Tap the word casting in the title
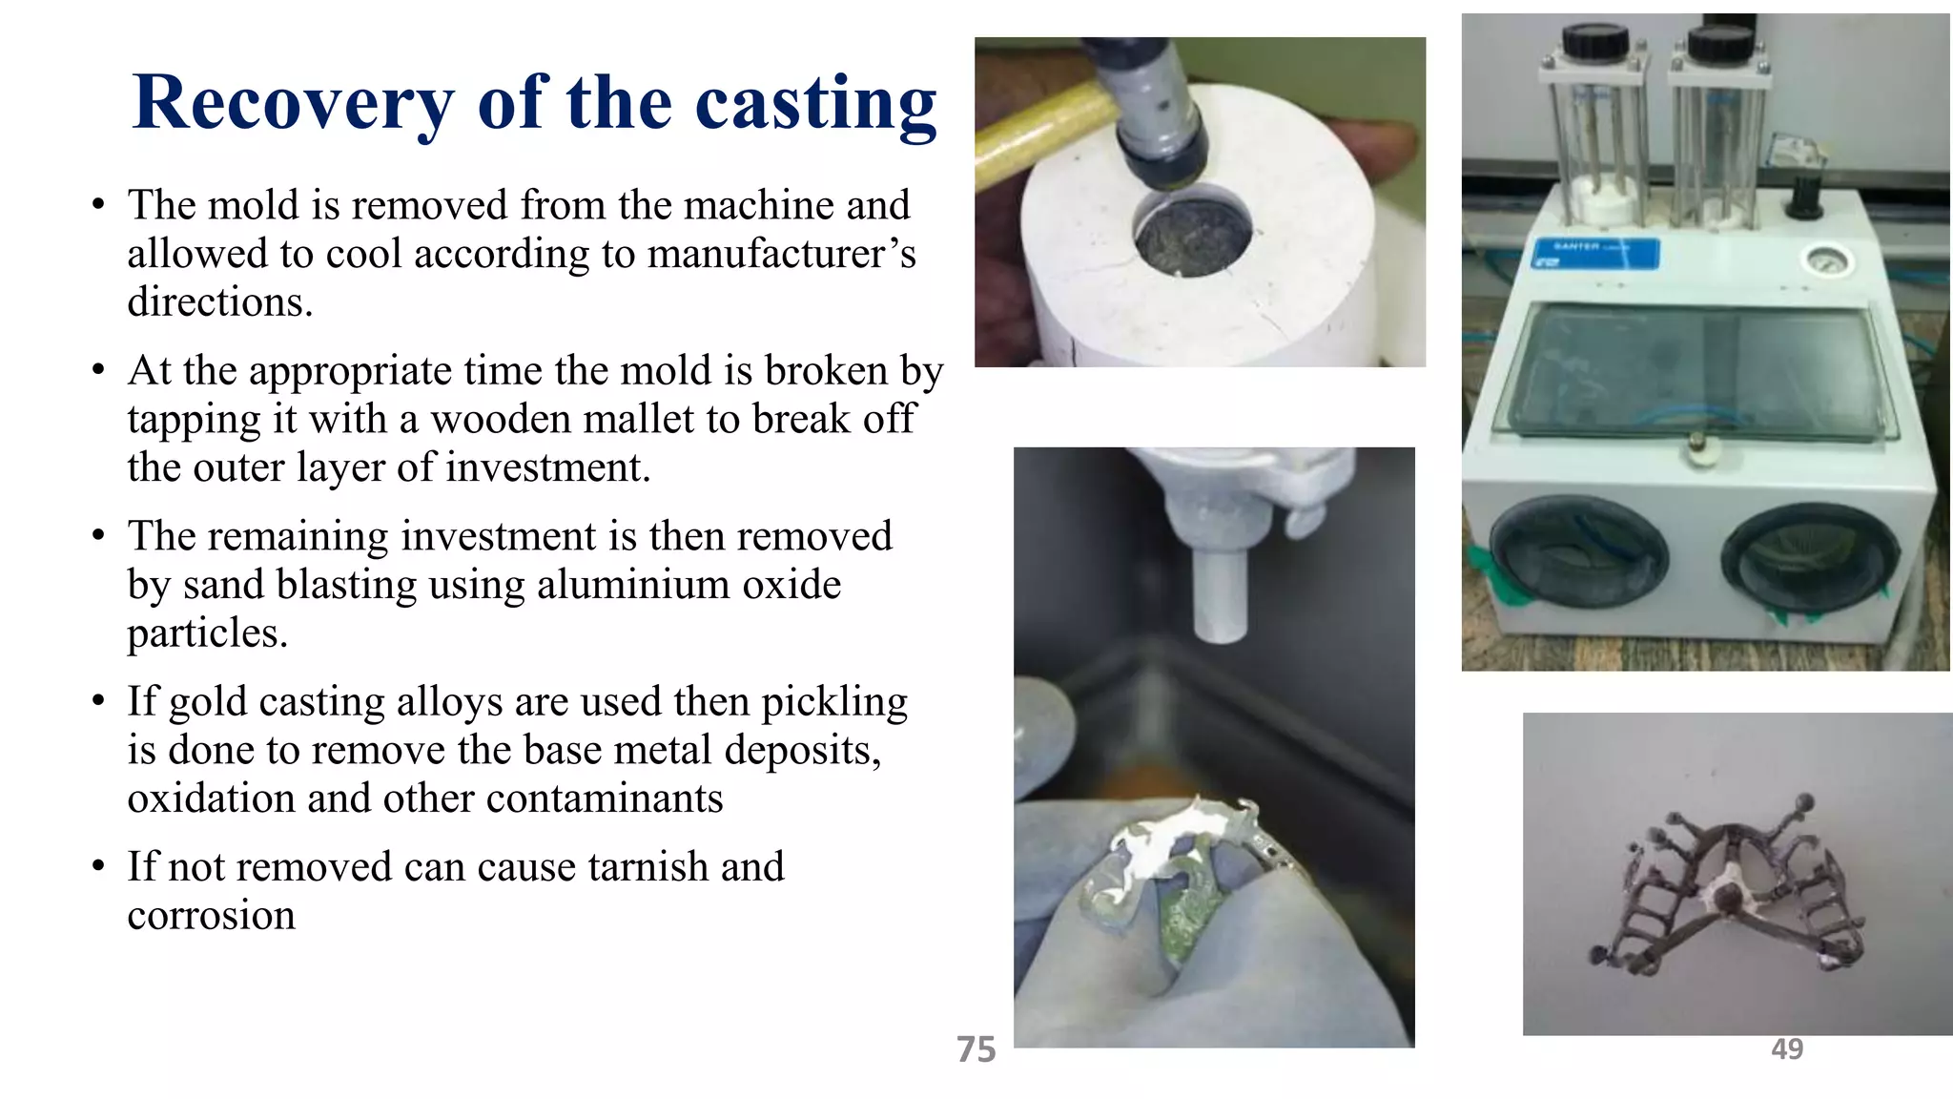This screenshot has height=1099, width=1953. click(x=815, y=103)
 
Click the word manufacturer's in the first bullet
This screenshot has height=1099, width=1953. click(x=781, y=254)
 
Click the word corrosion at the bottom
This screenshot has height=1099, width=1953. click(x=211, y=916)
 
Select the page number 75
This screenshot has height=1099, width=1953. click(x=976, y=1049)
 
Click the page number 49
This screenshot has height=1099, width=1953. click(x=1786, y=1049)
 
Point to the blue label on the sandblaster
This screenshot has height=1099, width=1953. click(x=1595, y=254)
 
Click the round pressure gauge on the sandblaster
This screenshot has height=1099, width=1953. click(x=1828, y=260)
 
